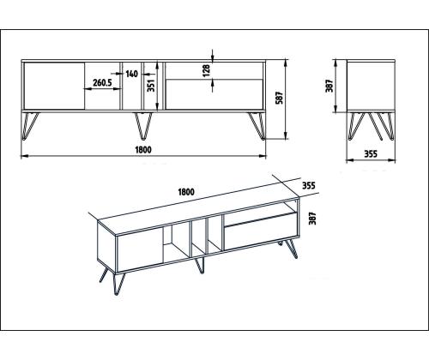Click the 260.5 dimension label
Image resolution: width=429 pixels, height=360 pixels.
point(102,83)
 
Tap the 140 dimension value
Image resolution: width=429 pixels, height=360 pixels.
point(131,74)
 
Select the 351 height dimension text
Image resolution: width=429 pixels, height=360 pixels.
point(151,85)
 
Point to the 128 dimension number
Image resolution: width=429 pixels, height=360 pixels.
point(206,70)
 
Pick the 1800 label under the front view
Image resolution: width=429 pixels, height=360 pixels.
point(143,150)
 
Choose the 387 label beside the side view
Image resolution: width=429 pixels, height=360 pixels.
point(329,86)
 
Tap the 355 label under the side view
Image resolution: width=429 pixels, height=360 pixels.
point(371,154)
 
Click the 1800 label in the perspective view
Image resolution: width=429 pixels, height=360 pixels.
point(186,192)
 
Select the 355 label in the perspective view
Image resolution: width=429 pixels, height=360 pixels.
point(309,186)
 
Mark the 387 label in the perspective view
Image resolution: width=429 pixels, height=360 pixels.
point(313,219)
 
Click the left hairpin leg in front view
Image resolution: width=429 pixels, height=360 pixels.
point(30,126)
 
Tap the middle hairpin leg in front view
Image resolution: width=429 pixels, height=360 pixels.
point(143,126)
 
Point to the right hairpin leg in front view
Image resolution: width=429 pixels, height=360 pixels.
point(257,126)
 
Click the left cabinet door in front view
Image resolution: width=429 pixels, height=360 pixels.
point(54,86)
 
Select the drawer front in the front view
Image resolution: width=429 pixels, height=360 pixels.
point(214,94)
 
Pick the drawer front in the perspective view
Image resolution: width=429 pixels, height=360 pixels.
point(261,237)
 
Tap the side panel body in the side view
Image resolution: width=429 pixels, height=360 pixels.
point(371,86)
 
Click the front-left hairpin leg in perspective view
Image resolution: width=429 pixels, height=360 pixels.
point(119,284)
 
